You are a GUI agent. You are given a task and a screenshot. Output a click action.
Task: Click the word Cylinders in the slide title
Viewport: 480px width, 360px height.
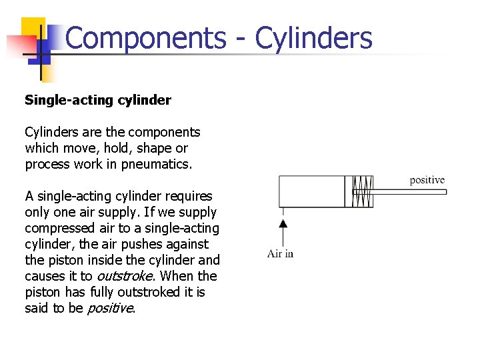[314, 38]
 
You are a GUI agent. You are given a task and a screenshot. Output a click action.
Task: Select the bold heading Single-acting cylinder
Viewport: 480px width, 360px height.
[98, 100]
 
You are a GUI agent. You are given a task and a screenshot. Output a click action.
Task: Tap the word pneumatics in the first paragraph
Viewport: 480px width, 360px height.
[156, 164]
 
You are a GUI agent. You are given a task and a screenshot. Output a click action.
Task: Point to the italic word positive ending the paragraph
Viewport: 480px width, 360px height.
[111, 308]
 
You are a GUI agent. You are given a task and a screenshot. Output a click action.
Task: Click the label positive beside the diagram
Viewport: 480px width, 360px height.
[427, 180]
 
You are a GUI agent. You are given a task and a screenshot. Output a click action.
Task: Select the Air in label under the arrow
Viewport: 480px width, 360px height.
[280, 253]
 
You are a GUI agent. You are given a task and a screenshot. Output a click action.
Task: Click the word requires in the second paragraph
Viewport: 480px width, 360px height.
[189, 196]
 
